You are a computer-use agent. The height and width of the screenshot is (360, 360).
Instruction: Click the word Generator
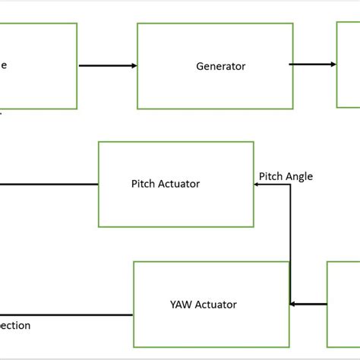pos(220,66)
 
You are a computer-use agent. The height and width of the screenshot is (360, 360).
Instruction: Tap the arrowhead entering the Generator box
pos(133,65)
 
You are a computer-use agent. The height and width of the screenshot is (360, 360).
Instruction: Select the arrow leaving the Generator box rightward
pos(311,65)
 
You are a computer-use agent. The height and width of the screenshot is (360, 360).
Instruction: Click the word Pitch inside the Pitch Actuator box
pos(144,183)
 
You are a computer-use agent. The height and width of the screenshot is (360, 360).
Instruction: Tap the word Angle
pos(299,176)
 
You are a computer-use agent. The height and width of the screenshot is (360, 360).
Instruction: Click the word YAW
pos(182,305)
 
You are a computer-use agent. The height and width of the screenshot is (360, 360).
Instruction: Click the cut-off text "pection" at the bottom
pos(15,326)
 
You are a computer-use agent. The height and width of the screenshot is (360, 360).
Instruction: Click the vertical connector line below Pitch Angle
pos(290,243)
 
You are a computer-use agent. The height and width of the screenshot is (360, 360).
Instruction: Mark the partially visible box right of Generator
pos(348,65)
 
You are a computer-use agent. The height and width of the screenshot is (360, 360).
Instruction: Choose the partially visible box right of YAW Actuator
pos(343,304)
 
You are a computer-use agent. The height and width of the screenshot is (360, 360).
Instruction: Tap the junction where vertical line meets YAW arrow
pos(291,305)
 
